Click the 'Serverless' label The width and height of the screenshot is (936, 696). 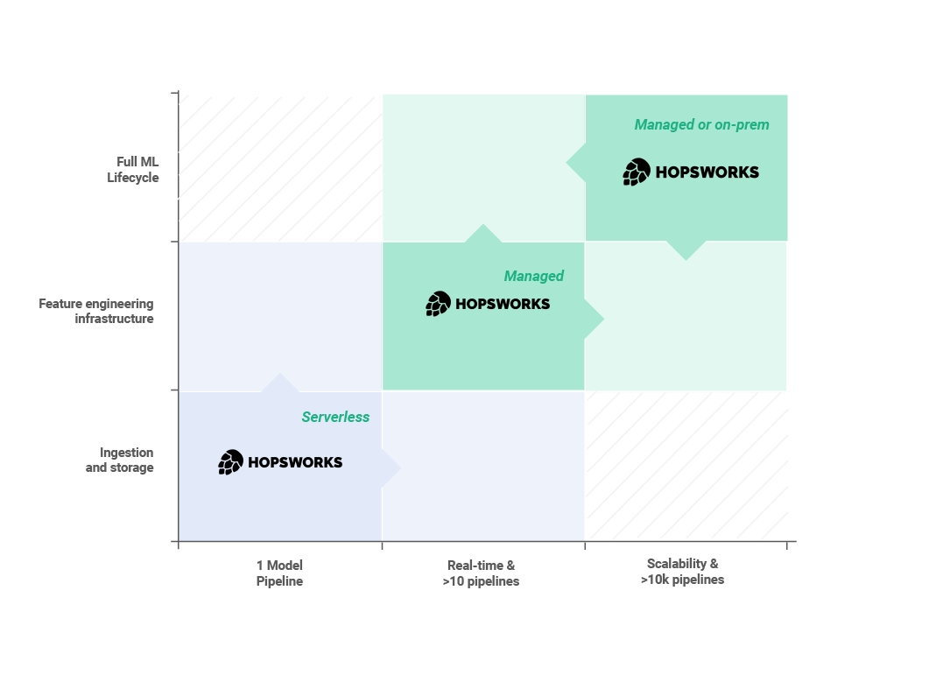tap(335, 417)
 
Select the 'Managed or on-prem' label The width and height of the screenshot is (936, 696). tap(701, 124)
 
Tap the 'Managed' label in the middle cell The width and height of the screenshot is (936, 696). tap(533, 276)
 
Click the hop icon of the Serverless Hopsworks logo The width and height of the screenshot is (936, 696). tap(231, 462)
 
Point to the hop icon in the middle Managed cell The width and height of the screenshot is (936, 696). tap(439, 304)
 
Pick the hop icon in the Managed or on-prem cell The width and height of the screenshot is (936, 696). tap(637, 172)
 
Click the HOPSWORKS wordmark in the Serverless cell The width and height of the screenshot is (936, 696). tap(295, 462)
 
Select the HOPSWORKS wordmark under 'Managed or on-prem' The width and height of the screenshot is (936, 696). tap(707, 172)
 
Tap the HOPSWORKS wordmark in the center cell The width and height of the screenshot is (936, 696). tap(503, 305)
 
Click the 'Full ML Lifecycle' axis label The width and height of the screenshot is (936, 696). tap(138, 170)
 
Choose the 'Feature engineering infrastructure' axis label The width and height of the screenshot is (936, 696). tap(96, 311)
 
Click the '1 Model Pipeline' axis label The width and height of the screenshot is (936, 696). tap(279, 573)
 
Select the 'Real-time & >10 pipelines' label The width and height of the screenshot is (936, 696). tap(481, 573)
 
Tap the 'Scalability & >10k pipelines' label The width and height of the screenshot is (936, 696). tap(682, 571)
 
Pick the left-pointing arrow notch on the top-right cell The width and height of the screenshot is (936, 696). tap(576, 162)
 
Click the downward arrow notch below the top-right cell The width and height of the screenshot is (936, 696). tap(686, 250)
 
